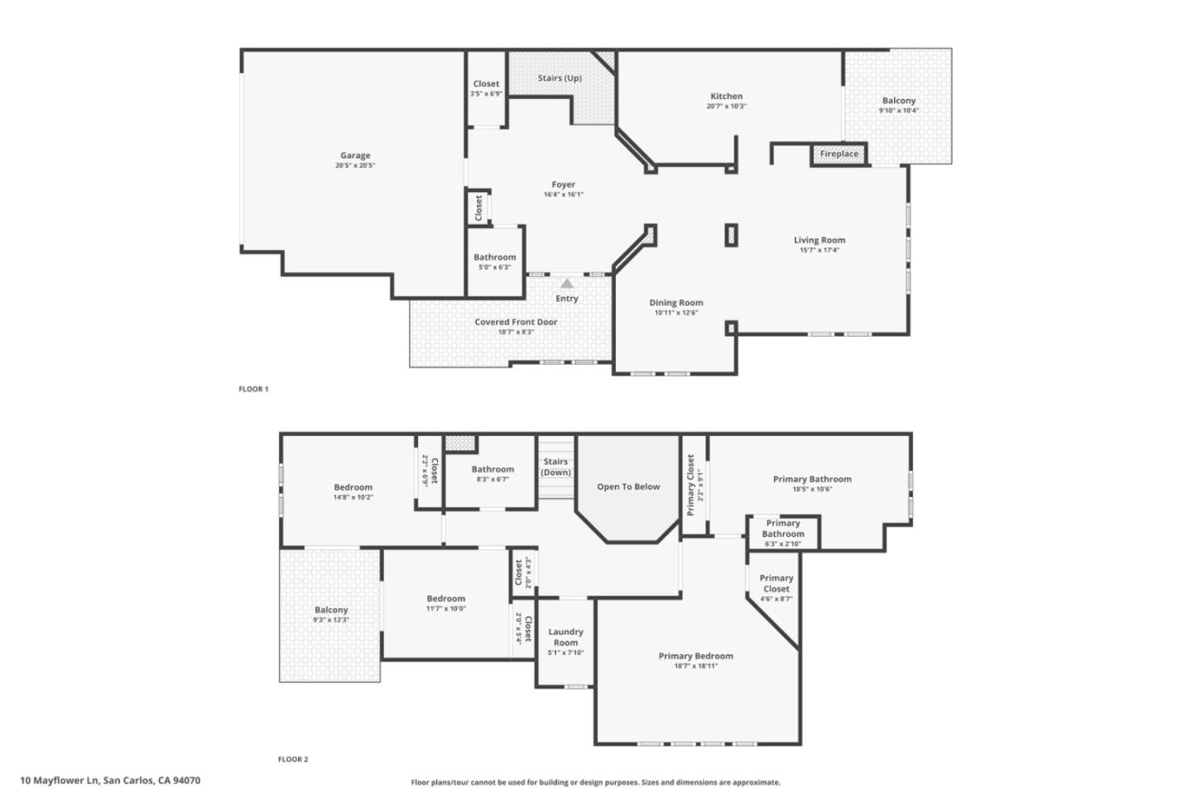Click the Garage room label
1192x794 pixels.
(355, 155)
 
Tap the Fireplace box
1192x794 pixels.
(839, 154)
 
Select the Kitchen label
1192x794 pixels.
(726, 96)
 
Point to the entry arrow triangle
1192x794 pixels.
(566, 284)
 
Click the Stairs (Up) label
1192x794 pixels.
(560, 79)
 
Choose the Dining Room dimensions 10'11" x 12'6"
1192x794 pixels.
(675, 313)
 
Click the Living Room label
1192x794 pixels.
(819, 241)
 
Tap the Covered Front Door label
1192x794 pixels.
(516, 322)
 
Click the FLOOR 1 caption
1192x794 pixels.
(253, 389)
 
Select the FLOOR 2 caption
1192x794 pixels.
(292, 759)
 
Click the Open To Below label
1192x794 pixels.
(628, 487)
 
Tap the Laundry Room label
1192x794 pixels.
(565, 637)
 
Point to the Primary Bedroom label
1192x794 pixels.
(695, 656)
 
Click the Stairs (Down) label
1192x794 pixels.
(555, 467)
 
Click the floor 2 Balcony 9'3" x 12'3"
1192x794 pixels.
(331, 615)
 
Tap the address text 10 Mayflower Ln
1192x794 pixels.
(110, 780)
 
